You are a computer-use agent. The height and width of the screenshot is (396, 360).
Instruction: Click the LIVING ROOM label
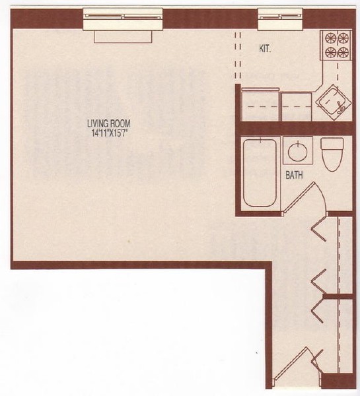point(111,122)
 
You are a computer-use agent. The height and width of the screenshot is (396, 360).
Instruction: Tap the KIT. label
point(266,48)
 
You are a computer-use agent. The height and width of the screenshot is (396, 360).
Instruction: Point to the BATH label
point(295,176)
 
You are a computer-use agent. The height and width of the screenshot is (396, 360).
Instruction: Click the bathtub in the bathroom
point(259,172)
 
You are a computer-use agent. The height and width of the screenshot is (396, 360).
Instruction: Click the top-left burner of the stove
point(328,38)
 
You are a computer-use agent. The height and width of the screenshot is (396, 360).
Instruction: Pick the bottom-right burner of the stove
point(343,52)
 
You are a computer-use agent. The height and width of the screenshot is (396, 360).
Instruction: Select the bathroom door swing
point(310,198)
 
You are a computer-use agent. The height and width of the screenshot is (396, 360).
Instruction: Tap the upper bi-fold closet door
point(319,231)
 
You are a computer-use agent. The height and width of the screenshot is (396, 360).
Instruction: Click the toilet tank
point(330,143)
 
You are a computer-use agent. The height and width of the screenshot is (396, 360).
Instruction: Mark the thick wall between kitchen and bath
point(291,127)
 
